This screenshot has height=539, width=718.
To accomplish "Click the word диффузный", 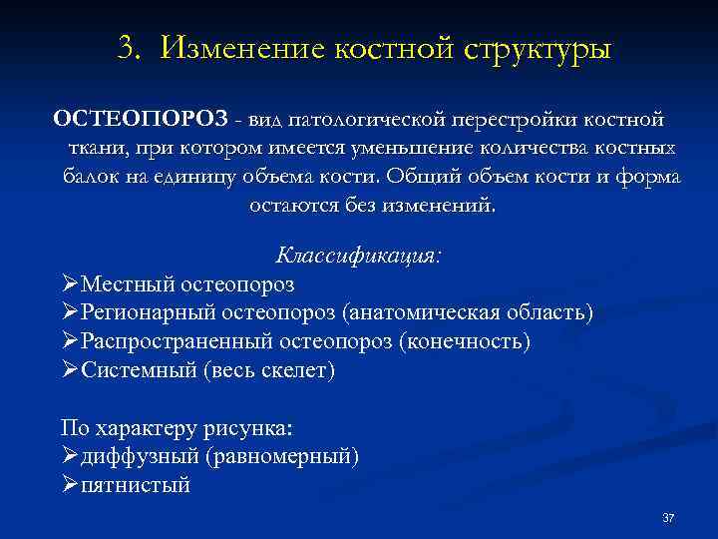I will click(x=140, y=457).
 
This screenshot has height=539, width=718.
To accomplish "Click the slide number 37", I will click(x=668, y=518).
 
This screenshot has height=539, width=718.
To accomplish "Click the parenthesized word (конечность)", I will click(x=465, y=342).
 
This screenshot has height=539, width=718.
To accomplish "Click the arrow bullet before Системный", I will click(x=69, y=371).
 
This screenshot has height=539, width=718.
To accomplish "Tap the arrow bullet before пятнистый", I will click(x=69, y=486).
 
